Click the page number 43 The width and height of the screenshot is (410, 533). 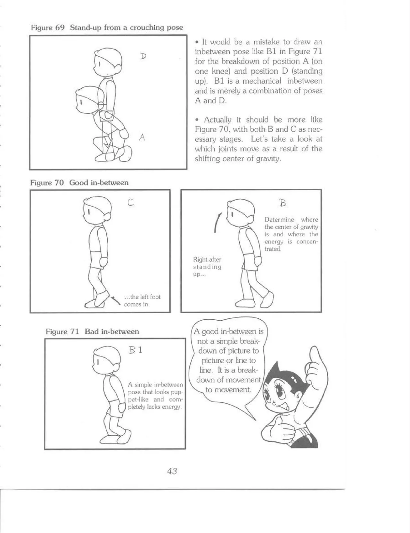(172, 471)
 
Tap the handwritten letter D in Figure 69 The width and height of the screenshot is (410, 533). (143, 56)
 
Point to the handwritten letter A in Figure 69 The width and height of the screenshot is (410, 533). (142, 137)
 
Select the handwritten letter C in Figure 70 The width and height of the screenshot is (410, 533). (130, 202)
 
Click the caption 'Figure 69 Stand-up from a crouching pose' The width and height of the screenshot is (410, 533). (107, 28)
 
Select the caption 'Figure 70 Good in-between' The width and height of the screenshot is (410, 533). (79, 183)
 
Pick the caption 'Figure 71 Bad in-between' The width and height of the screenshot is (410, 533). (92, 331)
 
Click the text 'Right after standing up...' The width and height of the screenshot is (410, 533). (207, 267)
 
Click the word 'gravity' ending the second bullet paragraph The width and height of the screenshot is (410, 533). (267, 159)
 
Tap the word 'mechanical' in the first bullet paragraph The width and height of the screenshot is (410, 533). (262, 81)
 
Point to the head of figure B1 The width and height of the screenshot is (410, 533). (106, 359)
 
